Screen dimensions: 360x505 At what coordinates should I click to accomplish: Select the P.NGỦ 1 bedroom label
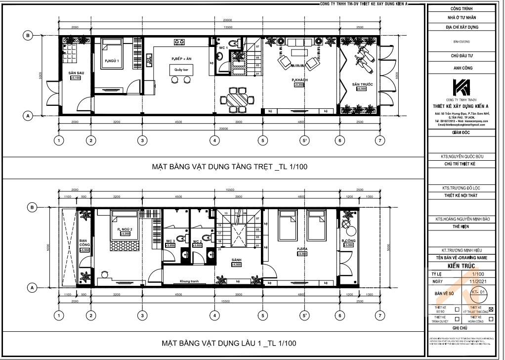(112, 61)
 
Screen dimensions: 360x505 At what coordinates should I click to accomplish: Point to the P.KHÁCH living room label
(299, 80)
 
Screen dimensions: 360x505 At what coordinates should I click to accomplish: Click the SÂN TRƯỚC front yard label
(362, 85)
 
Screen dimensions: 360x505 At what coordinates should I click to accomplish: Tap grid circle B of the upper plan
(29, 36)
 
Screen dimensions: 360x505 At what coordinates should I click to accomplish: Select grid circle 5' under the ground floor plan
(305, 140)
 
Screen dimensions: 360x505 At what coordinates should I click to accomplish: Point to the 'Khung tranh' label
(189, 281)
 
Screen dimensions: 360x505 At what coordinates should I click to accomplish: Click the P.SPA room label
(302, 249)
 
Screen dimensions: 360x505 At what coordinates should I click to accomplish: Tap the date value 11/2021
(476, 281)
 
